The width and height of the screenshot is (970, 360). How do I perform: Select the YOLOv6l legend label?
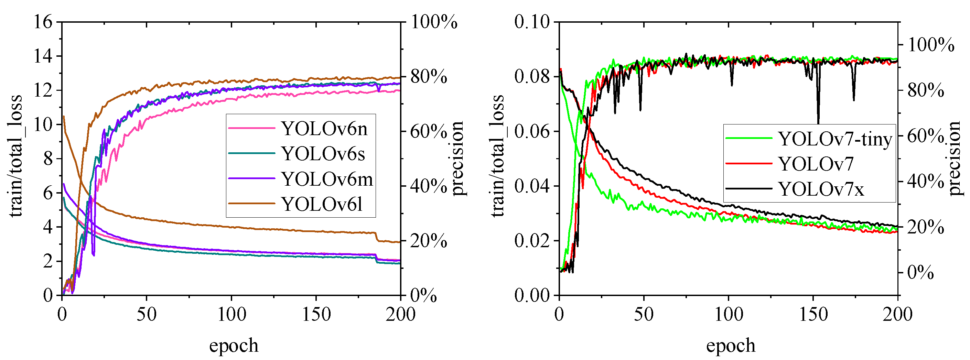pyautogui.click(x=322, y=205)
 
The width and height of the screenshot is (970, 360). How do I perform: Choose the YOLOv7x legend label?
pyautogui.click(x=821, y=189)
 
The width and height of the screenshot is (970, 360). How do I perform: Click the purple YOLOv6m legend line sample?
pyautogui.click(x=251, y=178)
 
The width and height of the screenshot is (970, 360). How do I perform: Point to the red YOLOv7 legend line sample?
pyautogui.click(x=748, y=164)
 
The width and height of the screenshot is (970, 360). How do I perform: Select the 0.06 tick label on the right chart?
pyautogui.click(x=532, y=131)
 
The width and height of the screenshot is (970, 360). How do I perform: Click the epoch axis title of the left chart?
pyautogui.click(x=234, y=345)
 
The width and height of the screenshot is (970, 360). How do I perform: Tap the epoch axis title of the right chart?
pyautogui.click(x=731, y=345)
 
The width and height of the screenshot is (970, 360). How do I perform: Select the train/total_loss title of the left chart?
pyautogui.click(x=16, y=156)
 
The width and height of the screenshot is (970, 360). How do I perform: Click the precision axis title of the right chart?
pyautogui.click(x=955, y=158)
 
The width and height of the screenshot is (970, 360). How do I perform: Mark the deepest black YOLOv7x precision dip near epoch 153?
pyautogui.click(x=818, y=121)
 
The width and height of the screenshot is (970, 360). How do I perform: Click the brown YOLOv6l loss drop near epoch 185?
pyautogui.click(x=376, y=237)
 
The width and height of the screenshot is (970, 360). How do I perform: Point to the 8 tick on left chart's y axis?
pyautogui.click(x=48, y=159)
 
